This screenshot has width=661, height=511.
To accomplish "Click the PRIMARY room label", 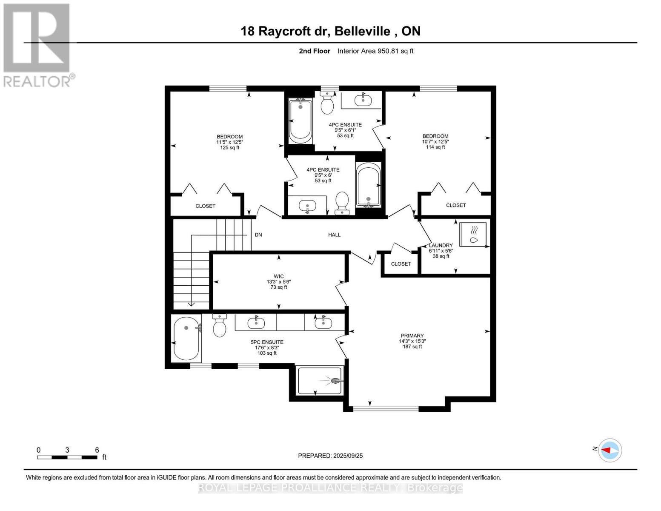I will click(412, 336).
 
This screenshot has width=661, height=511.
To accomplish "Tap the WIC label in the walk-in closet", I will click(279, 276).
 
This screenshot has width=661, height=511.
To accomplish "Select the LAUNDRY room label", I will click(441, 245).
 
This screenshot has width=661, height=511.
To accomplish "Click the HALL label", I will click(334, 235).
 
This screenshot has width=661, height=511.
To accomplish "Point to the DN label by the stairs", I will click(258, 235).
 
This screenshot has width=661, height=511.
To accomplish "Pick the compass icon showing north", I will click(610, 450).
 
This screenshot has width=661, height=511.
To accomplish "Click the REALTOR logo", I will click(37, 45).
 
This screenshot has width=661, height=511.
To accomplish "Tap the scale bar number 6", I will click(97, 450).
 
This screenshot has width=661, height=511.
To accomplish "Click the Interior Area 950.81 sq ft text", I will click(375, 51).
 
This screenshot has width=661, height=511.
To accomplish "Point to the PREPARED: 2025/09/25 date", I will click(330, 456).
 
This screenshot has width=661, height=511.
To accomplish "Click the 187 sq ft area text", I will click(412, 347).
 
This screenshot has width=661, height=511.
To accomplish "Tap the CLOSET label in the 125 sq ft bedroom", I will click(205, 206).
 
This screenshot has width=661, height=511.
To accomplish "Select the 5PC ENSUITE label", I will click(267, 342).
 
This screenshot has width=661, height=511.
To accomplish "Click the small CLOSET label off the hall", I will click(401, 264).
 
